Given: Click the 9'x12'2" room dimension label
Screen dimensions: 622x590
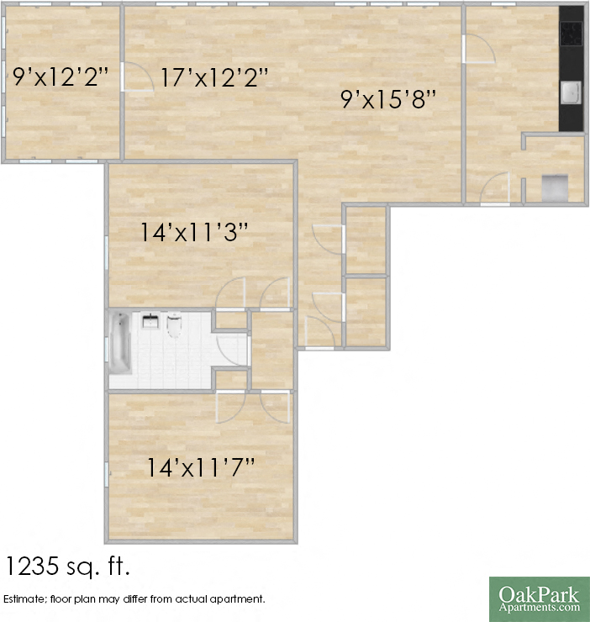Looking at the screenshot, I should point(61,78).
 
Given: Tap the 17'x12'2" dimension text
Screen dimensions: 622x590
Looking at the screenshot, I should point(214,78).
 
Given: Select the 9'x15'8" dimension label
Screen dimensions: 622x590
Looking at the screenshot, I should point(388,99).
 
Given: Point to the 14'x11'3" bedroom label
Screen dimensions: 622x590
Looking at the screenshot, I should point(194,232).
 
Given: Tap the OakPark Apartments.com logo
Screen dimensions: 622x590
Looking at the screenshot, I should point(539,598).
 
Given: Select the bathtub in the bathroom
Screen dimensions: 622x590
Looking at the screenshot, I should point(120,343).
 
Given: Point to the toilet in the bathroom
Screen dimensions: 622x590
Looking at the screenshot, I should point(175,324).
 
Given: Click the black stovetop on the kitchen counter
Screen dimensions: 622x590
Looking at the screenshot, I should point(572,34).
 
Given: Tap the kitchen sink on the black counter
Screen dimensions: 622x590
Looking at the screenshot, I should point(571,92).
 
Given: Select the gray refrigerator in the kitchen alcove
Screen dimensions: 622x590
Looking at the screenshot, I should point(555,186).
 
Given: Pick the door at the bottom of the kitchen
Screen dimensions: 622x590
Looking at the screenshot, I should point(496,188).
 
